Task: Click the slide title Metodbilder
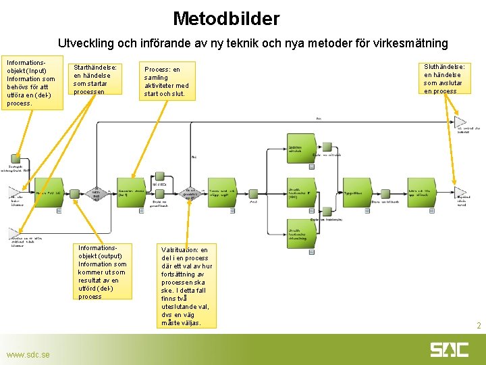click(x=225, y=18)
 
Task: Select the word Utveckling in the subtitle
click(x=86, y=43)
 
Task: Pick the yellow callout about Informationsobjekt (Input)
click(x=32, y=82)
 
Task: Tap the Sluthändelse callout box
click(x=446, y=79)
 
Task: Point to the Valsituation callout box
click(x=186, y=286)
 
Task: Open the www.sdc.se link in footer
click(x=28, y=355)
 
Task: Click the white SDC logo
click(x=449, y=349)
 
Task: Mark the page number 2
click(x=479, y=326)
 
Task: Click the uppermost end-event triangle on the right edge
click(x=460, y=122)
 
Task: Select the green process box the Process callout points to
click(x=132, y=192)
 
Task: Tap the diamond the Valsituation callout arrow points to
click(x=190, y=193)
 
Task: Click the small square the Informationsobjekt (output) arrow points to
click(x=59, y=210)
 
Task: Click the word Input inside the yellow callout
click(x=38, y=70)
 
